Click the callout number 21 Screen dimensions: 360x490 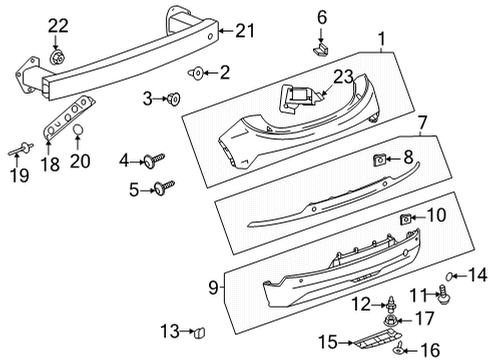(x=245, y=31)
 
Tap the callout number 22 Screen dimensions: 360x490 (x=58, y=25)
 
